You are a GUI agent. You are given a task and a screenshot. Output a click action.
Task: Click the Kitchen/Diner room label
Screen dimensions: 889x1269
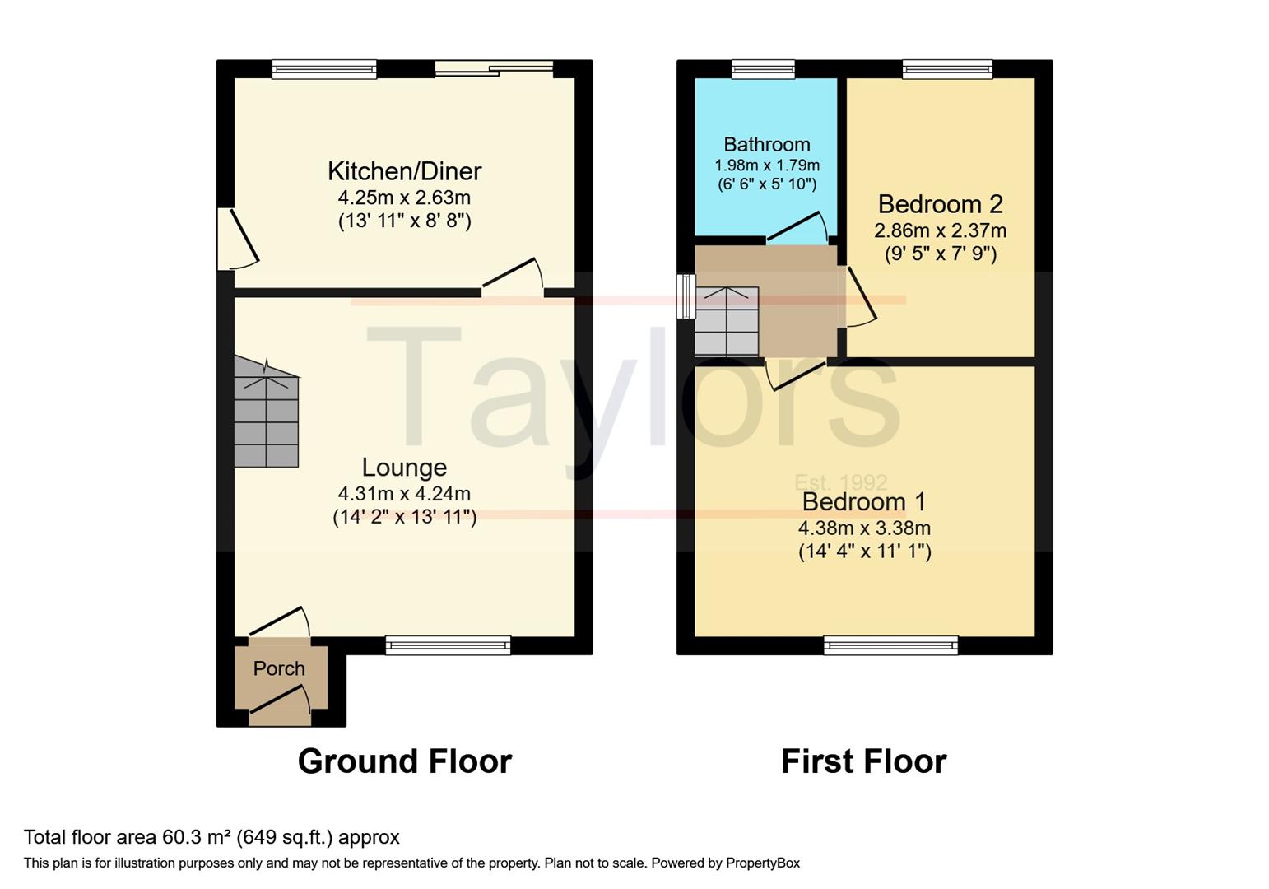[404, 171]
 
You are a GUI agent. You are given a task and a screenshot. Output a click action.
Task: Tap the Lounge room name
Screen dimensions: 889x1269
[404, 468]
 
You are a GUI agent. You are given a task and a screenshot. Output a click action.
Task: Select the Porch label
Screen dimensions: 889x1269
[279, 668]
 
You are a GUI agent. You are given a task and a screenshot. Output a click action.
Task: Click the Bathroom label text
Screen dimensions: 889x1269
[767, 145]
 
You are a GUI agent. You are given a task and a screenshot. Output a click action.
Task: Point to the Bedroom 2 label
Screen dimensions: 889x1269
[940, 204]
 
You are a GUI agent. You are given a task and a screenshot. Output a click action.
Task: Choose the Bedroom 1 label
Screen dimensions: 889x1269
[864, 501]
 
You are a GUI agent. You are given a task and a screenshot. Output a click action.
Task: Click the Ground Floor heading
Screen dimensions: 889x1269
[404, 761]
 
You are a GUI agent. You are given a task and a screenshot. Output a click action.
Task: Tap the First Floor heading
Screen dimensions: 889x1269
[863, 761]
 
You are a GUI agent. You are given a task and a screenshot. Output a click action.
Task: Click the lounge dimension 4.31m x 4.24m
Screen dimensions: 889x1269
[404, 494]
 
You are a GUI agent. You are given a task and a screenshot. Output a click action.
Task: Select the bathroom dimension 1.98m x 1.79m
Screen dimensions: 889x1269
[767, 165]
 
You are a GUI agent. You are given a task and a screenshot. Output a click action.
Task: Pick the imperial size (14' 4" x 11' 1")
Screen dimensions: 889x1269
[864, 552]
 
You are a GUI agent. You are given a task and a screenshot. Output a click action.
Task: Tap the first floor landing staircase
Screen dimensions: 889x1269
[727, 322]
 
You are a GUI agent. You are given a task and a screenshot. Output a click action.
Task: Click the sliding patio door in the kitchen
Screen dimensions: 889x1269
[494, 68]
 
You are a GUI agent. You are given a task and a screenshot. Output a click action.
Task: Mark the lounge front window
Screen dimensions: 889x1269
[448, 645]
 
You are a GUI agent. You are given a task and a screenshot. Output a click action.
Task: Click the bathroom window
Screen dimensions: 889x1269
[763, 69]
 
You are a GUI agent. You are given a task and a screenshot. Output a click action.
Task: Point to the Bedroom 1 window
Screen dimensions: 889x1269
[890, 645]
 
